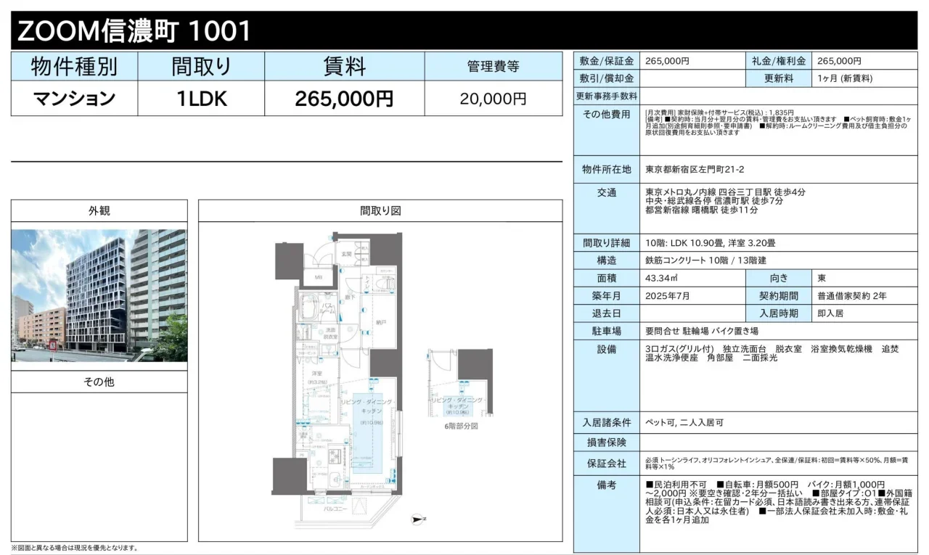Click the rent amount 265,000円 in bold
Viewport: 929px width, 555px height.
click(344, 99)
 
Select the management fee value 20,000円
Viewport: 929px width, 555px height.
click(493, 99)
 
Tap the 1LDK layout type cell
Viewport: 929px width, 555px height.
click(201, 99)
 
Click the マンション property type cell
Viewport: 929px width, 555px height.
click(74, 99)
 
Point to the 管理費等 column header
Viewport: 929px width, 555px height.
click(493, 67)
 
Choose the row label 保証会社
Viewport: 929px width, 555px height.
click(607, 461)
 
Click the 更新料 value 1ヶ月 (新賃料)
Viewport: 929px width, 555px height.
click(844, 78)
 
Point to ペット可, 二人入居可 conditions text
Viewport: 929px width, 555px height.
click(684, 422)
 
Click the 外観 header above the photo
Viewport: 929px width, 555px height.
click(99, 211)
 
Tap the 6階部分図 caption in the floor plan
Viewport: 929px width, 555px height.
click(461, 426)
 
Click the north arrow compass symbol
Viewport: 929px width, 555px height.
click(417, 519)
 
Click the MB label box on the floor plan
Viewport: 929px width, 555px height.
click(318, 276)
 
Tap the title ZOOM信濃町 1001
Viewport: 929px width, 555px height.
click(134, 31)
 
